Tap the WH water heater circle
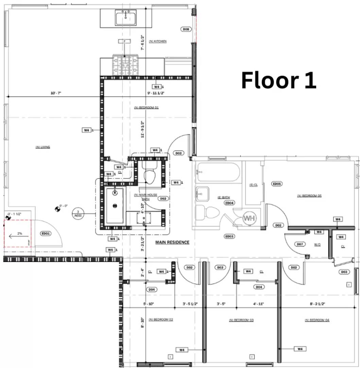(x=249, y=218)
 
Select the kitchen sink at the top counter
(x=125, y=17)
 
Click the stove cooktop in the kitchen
(x=125, y=65)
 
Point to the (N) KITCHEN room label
(x=158, y=41)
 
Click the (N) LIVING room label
(x=43, y=147)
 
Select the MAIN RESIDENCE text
(x=172, y=242)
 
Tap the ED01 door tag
(x=46, y=233)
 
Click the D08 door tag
(x=186, y=29)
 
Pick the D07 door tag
(x=300, y=244)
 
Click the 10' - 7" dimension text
(x=55, y=93)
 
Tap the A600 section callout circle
(x=78, y=214)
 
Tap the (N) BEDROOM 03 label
(x=241, y=320)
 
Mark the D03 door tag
(x=344, y=272)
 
